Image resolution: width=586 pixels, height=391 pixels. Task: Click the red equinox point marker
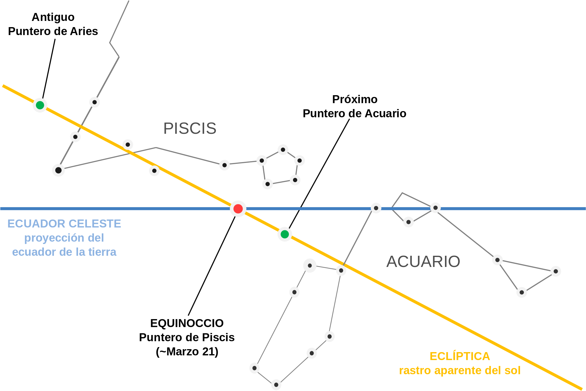point(238,209)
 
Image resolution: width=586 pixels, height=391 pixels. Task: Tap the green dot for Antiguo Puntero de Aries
point(40,105)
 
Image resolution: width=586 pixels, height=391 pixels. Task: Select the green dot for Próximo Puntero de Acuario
point(285,234)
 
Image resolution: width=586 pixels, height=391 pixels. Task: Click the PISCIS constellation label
point(190,128)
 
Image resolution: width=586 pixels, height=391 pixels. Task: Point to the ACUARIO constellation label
point(423,262)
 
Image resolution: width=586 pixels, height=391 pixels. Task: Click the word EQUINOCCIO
point(187,323)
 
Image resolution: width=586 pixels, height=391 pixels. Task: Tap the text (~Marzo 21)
point(187,352)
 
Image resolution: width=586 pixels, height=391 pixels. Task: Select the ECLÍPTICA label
point(460,356)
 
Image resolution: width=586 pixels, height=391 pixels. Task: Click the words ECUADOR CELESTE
point(64,224)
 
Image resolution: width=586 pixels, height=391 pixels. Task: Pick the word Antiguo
point(53,17)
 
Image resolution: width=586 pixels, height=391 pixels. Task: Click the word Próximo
point(355,99)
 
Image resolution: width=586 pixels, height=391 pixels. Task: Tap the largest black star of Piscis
point(59,170)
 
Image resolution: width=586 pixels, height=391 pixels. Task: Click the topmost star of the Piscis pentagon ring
point(283,150)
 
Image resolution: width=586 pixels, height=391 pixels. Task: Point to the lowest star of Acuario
point(276,385)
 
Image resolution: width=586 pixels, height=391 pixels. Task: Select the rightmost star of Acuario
point(556,271)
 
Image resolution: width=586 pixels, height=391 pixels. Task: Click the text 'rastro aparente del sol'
point(460,370)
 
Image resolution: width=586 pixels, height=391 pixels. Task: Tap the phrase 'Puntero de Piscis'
point(187,337)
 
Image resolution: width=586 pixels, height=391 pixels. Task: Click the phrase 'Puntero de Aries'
point(53,31)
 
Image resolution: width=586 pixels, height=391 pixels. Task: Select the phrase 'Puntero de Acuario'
point(355,113)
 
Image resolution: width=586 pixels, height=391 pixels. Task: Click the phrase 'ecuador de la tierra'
point(64,252)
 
